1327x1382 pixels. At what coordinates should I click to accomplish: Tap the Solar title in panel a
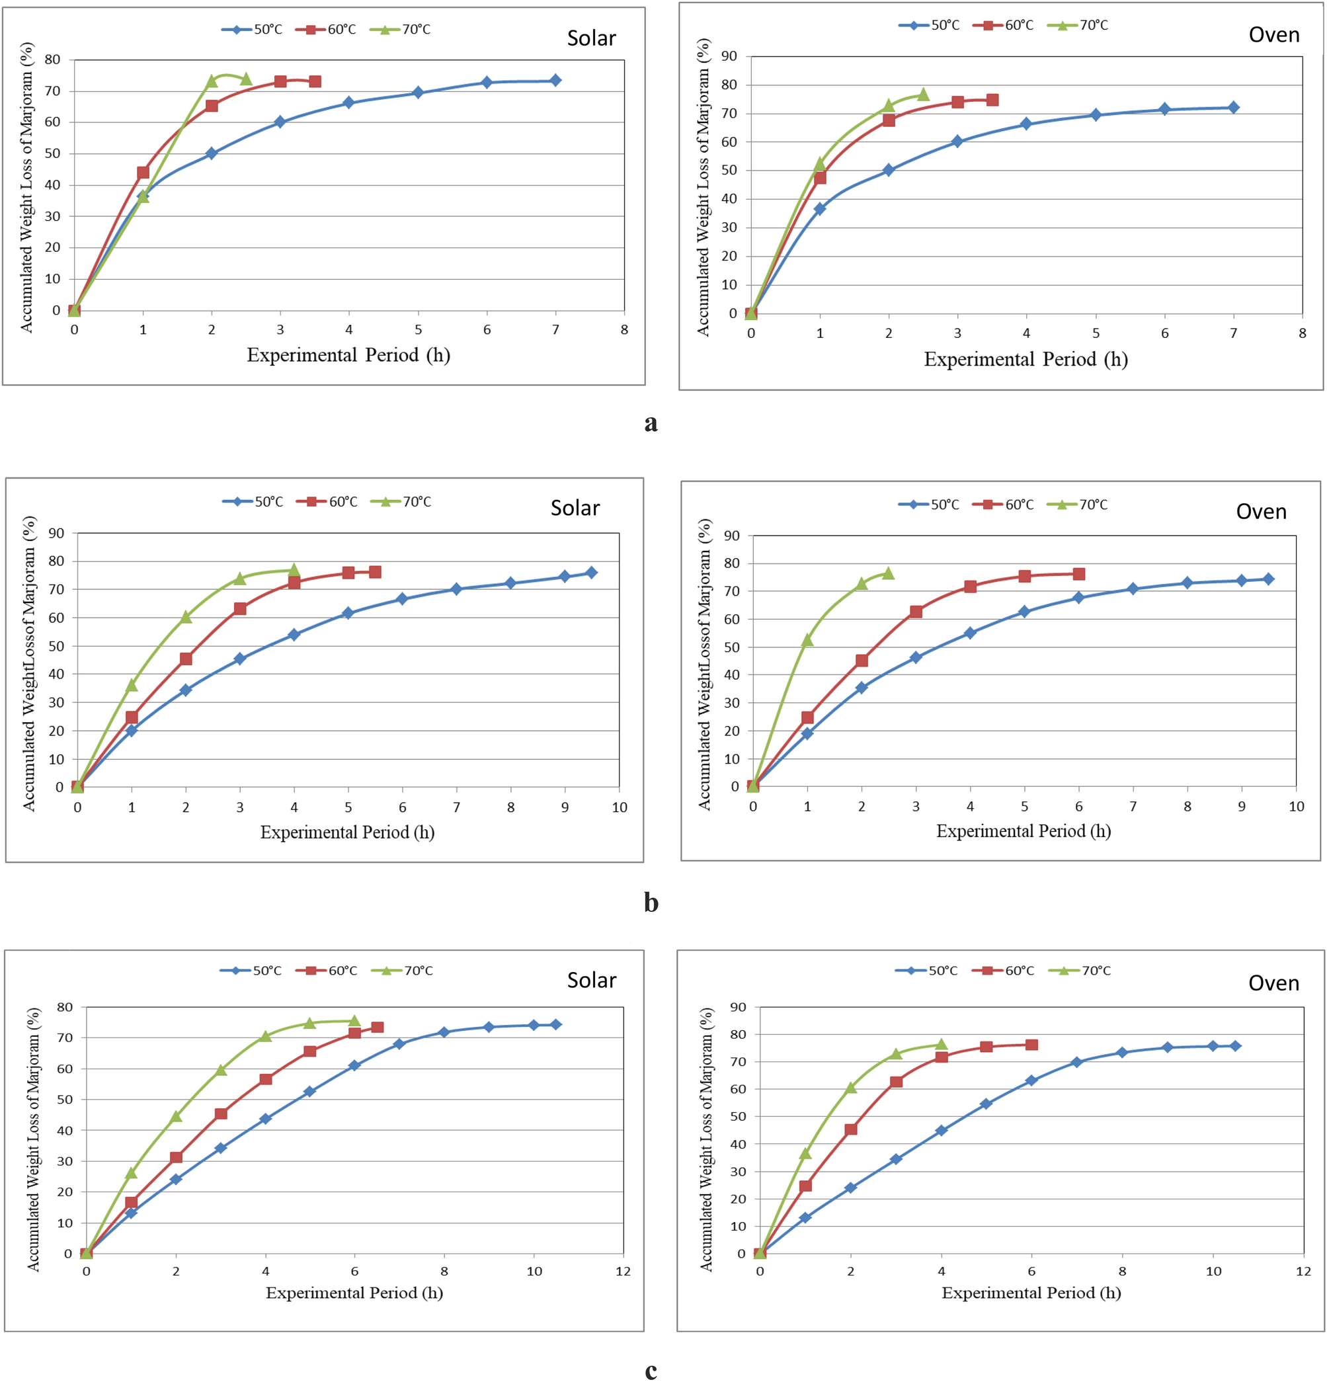[x=591, y=38]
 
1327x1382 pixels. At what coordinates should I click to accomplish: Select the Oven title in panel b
[x=1261, y=511]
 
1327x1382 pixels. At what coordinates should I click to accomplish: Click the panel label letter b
[x=650, y=902]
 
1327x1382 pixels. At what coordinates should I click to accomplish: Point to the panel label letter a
[x=650, y=423]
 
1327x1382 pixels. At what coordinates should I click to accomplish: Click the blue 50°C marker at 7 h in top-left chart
[x=555, y=81]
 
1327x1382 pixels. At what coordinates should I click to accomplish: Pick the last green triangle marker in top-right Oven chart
[x=923, y=95]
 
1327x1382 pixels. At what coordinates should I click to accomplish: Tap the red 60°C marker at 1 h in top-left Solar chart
[x=143, y=173]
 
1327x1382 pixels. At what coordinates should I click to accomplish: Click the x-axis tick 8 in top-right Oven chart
[x=1302, y=333]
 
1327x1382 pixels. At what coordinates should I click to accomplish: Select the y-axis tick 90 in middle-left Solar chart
[x=56, y=533]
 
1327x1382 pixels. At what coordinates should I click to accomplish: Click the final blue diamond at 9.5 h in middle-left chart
[x=592, y=573]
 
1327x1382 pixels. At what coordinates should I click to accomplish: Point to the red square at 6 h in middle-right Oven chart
[x=1078, y=574]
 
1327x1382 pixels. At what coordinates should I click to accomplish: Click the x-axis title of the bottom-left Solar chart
[x=354, y=1293]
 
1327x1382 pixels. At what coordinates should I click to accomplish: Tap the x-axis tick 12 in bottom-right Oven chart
[x=1303, y=1271]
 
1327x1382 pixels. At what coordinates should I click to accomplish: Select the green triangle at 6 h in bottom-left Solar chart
[x=354, y=1021]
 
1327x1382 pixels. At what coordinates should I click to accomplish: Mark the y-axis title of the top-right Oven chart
[x=703, y=187]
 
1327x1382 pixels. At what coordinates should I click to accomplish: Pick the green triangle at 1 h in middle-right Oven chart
[x=807, y=639]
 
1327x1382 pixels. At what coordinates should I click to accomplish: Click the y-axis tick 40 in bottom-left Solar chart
[x=65, y=1130]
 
